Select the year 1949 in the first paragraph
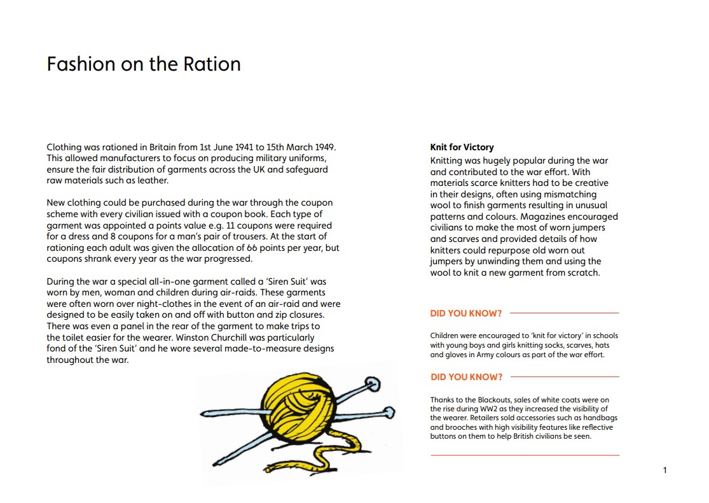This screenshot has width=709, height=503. coord(322,147)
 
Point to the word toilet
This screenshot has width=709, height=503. coord(78,337)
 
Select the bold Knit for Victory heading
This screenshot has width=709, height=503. coord(462,147)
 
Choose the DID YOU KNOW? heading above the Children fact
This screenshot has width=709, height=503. coord(466,313)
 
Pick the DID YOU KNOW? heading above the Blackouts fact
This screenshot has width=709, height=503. coord(466,377)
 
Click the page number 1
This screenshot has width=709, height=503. coord(664,471)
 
